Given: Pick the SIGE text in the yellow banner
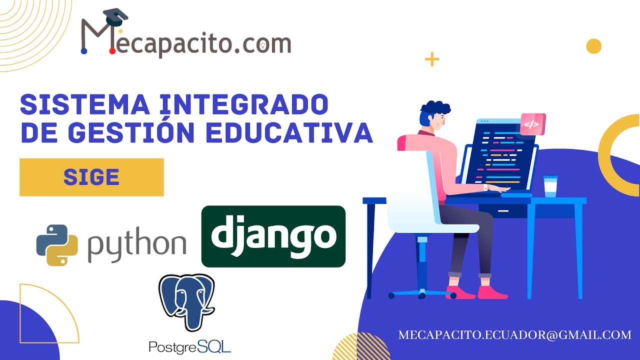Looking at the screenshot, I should [91, 177].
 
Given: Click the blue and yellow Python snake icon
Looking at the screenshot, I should [57, 244].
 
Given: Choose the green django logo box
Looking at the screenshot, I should [273, 236].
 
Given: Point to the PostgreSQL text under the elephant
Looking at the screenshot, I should [190, 345].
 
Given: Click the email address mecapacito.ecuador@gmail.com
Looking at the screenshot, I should [515, 335].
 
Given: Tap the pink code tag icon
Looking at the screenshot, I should [532, 124].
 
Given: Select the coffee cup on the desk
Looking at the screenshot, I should [550, 186].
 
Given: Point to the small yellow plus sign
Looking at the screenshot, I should [431, 59].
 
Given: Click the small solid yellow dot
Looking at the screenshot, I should [593, 46].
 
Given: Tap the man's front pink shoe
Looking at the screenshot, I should [492, 292].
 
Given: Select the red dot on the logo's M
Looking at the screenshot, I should [112, 51].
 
